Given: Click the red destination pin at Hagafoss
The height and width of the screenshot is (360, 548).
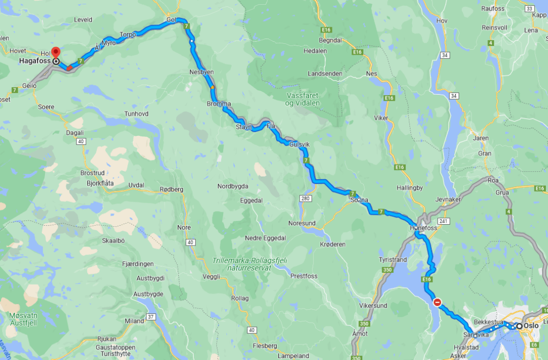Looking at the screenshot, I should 55,53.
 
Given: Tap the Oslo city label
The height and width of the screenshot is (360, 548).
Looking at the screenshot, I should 531,325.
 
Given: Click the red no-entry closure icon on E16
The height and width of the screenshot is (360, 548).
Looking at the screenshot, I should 437,302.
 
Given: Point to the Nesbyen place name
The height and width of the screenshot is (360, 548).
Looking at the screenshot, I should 201,72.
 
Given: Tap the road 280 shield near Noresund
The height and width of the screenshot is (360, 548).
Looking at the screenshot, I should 306,198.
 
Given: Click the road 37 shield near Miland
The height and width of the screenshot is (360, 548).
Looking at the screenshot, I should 151,317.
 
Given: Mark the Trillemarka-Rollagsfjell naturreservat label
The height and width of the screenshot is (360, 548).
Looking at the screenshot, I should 249,264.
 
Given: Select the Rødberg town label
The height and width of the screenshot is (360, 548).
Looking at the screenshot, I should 172,189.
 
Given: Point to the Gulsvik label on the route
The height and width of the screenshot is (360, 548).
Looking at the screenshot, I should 299,144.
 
